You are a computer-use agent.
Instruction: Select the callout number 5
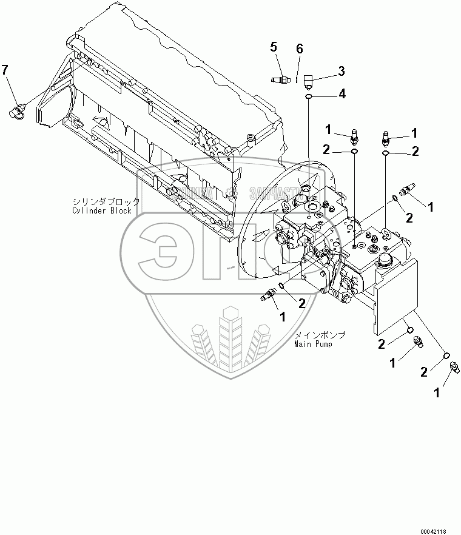274,46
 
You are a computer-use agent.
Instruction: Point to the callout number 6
299,48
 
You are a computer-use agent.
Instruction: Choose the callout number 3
342,71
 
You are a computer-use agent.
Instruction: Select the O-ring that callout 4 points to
309,96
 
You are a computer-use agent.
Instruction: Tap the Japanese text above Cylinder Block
106,201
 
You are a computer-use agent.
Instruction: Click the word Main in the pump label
303,344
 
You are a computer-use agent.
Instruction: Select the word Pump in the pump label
324,344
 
